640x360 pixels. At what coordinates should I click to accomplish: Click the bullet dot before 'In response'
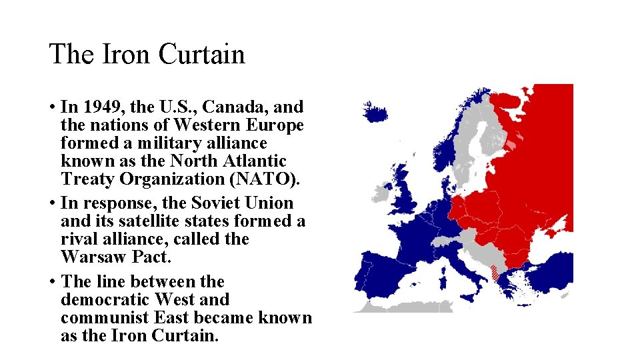pos(52,203)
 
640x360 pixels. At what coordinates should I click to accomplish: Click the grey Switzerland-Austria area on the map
pos(453,235)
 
